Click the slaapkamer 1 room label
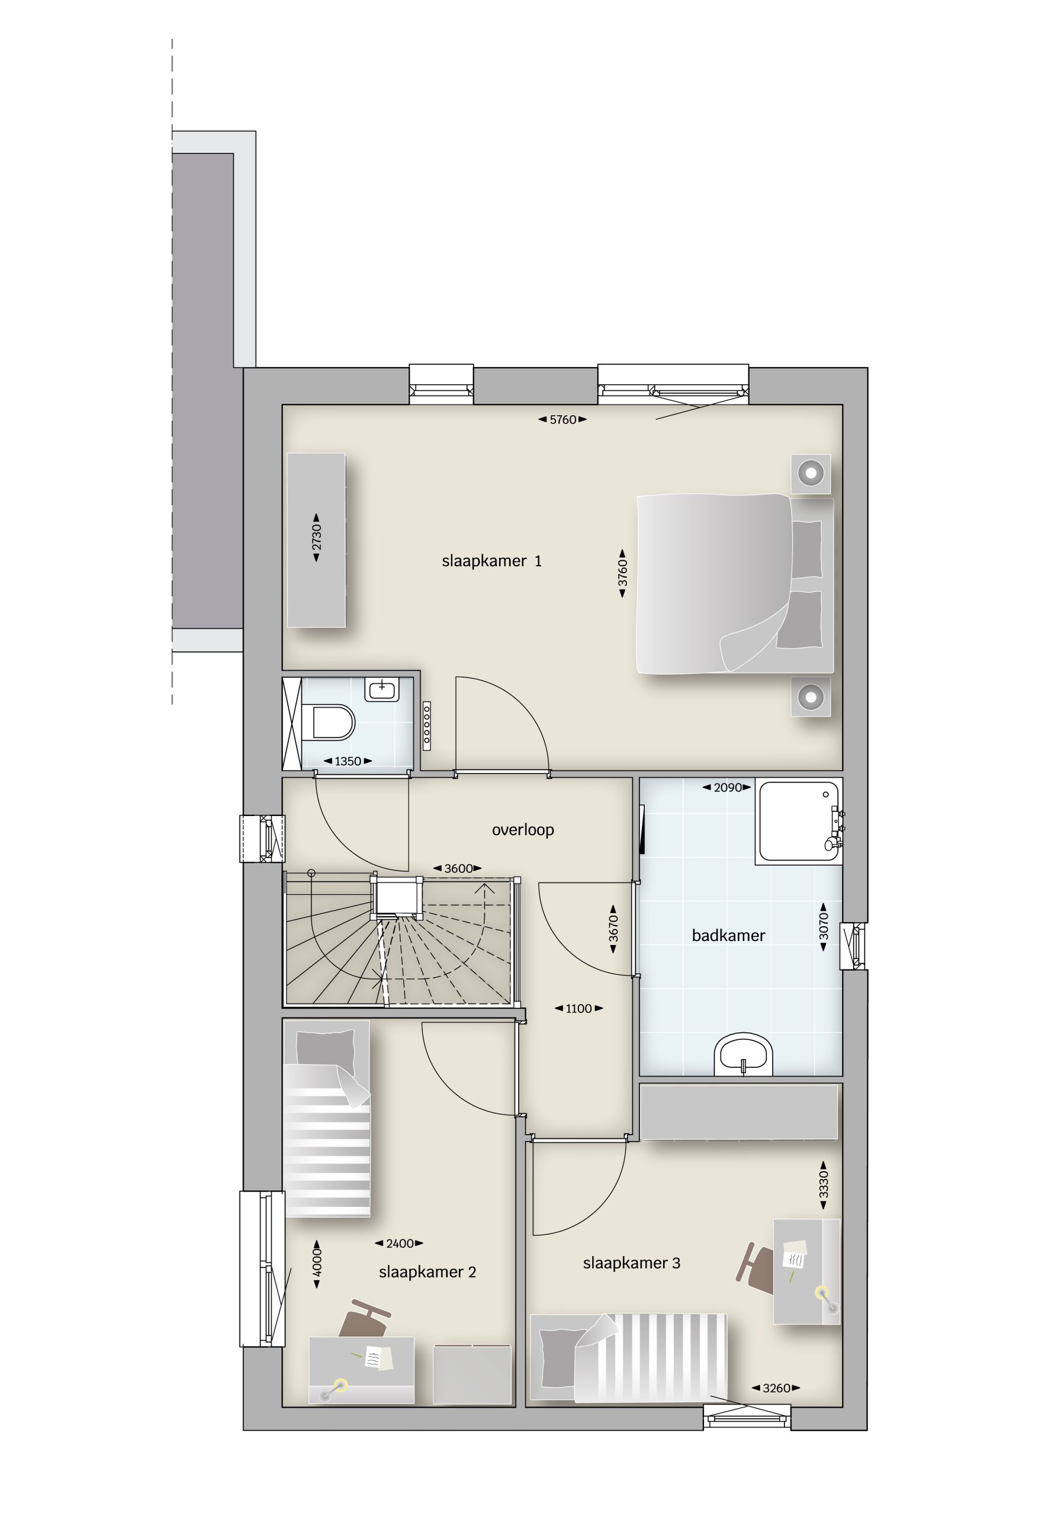[491, 561]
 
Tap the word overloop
[523, 830]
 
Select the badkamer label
[728, 936]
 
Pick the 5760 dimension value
[562, 419]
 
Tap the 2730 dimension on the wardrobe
[317, 537]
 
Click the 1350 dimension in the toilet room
[348, 761]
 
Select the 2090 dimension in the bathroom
[728, 787]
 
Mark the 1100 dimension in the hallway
[578, 1008]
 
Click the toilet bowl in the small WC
[332, 722]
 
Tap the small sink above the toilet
[381, 689]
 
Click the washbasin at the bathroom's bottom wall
[743, 1056]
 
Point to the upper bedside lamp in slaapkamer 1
[811, 473]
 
